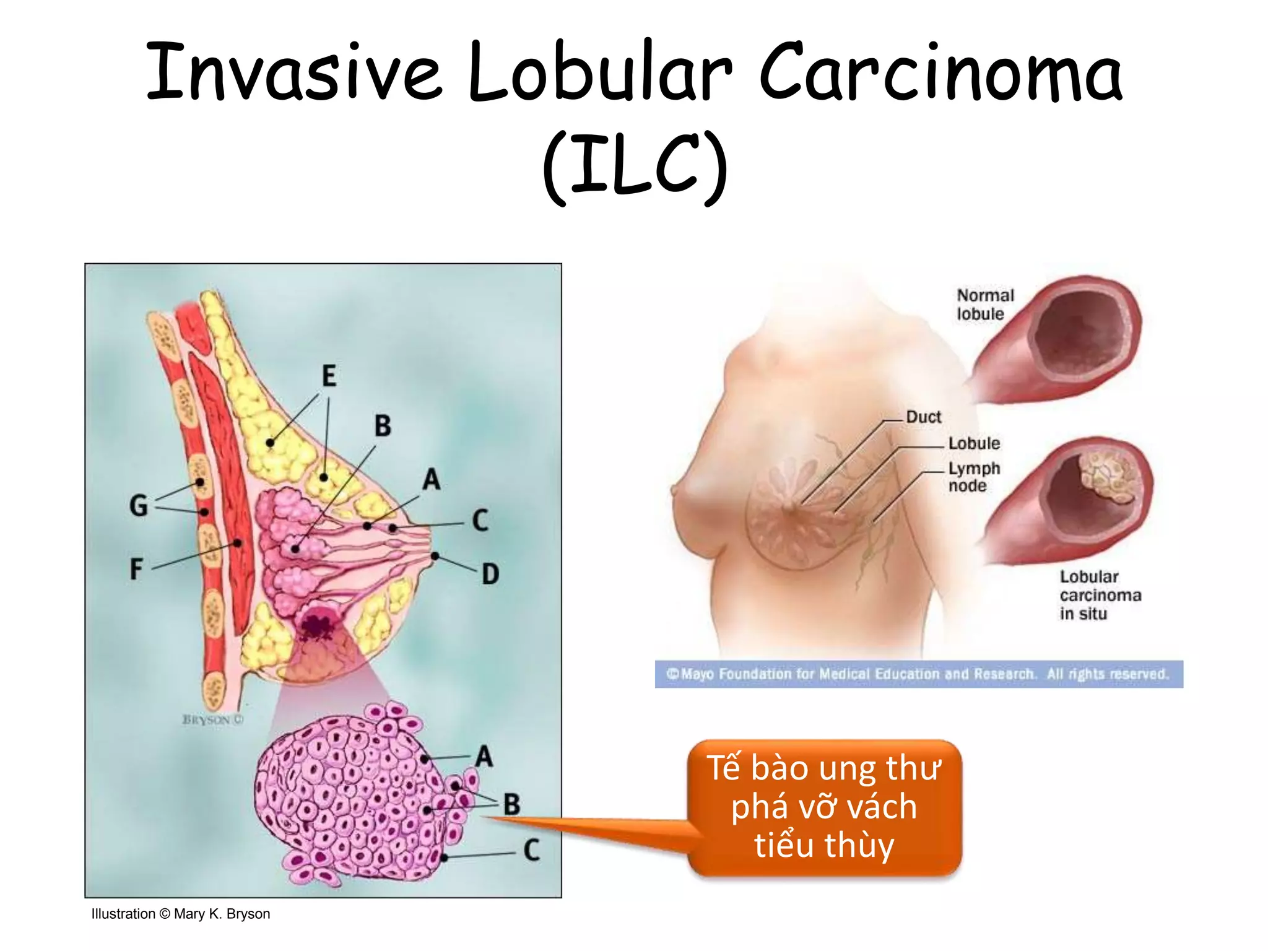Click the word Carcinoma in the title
tap(940, 72)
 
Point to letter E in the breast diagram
tap(329, 376)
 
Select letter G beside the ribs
tap(139, 505)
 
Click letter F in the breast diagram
tap(136, 568)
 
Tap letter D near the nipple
tap(490, 574)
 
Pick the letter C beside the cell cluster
tap(531, 850)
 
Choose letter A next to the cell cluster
tap(484, 757)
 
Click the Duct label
tap(923, 417)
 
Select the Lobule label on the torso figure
tap(974, 443)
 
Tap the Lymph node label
tap(973, 477)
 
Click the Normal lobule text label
tap(984, 305)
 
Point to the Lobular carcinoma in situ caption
tap(1100, 595)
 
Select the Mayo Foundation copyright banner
tap(919, 674)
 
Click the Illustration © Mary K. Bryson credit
tap(181, 914)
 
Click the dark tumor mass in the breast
tap(317, 627)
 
